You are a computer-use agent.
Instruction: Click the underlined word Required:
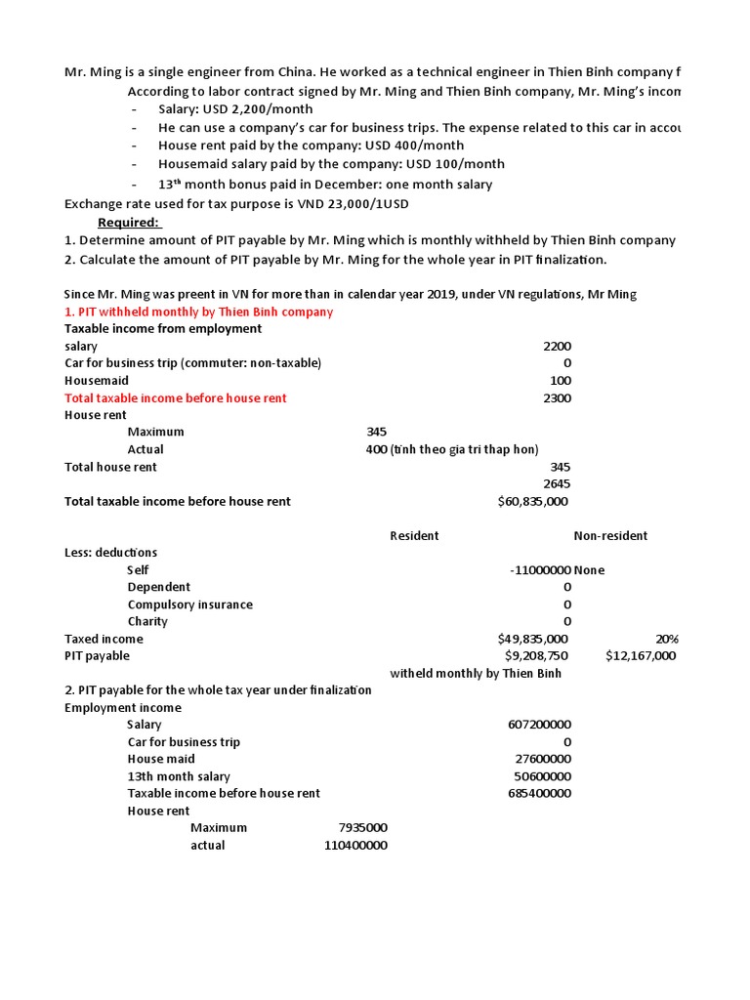click(x=129, y=223)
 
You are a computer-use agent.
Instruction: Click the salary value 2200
click(x=557, y=347)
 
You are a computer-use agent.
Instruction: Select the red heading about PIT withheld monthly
click(x=198, y=312)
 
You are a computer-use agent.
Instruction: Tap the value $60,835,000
click(x=532, y=502)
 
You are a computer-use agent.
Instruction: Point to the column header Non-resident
click(x=610, y=536)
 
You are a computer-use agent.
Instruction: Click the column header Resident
click(x=414, y=536)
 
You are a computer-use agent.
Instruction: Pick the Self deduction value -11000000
click(x=540, y=570)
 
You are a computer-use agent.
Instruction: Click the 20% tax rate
click(x=668, y=639)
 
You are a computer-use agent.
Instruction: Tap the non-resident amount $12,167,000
click(x=641, y=656)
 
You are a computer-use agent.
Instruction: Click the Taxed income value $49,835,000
click(x=532, y=639)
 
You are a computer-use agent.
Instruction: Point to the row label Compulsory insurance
click(x=189, y=604)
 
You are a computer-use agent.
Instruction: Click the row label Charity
click(x=147, y=622)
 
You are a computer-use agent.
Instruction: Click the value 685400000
click(x=540, y=793)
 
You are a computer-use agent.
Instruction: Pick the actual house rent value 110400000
click(x=355, y=846)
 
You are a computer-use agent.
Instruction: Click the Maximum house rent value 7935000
click(x=362, y=828)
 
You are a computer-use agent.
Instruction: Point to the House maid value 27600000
click(x=543, y=759)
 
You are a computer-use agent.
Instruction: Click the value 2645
click(x=557, y=484)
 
